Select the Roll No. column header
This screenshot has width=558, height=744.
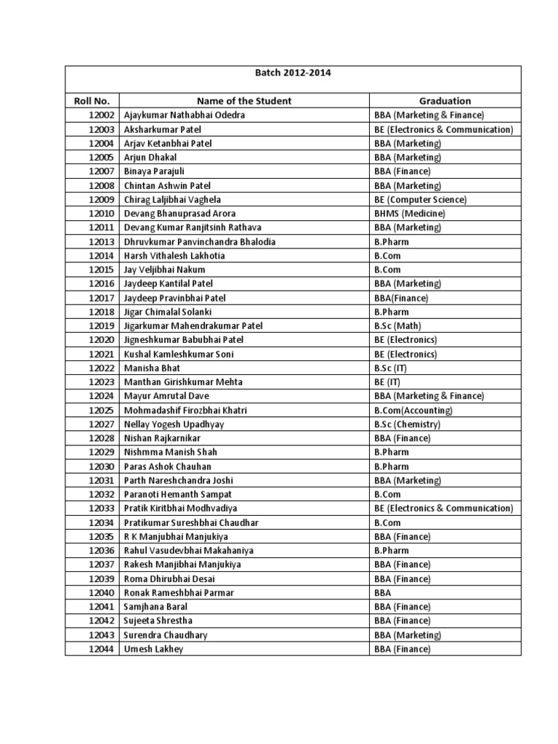point(92,101)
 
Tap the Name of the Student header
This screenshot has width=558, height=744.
point(244,101)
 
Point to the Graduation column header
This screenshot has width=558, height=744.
point(445,101)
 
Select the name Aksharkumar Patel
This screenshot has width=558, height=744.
point(160,129)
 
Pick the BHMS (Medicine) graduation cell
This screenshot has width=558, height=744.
point(410,214)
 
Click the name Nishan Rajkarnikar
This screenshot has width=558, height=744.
point(162,438)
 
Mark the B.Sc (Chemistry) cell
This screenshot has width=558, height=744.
point(407,424)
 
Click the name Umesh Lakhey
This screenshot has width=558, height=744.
point(153,649)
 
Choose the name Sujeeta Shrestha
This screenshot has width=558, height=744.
point(161,620)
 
